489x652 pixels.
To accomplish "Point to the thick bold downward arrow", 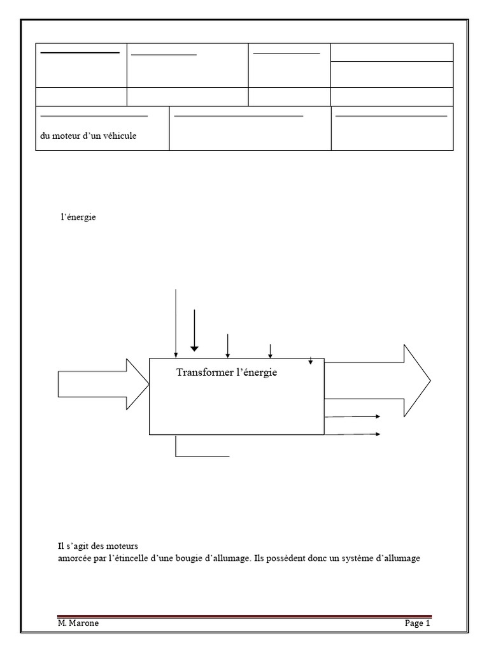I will [x=194, y=331].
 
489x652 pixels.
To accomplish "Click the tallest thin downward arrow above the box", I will [x=176, y=322].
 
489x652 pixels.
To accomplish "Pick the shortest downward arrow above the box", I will [x=311, y=361].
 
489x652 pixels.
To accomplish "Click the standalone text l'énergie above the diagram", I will [x=78, y=217].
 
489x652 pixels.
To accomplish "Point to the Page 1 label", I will [x=418, y=623].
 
